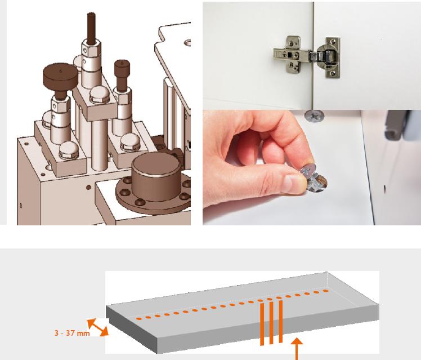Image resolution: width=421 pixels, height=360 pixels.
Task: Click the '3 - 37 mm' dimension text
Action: [72, 333]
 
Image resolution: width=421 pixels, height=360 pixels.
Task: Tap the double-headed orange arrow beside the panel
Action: [98, 327]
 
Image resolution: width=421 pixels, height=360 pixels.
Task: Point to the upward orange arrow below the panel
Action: [297, 349]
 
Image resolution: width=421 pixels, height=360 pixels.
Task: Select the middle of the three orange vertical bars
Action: [271, 323]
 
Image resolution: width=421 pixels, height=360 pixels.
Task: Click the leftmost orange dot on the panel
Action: [139, 319]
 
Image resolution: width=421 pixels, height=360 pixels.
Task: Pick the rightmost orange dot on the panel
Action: [326, 291]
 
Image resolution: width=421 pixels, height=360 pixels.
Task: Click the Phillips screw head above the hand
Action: [314, 116]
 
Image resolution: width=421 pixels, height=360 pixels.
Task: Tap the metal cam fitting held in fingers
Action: [313, 179]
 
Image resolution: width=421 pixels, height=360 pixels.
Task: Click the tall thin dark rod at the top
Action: [91, 28]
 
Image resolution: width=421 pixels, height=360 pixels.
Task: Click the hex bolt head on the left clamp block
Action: [69, 150]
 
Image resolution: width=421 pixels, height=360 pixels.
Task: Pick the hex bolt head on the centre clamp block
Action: [100, 95]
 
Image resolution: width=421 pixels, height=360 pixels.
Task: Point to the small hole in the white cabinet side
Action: [384, 189]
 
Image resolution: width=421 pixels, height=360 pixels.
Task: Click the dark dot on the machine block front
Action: [88, 187]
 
